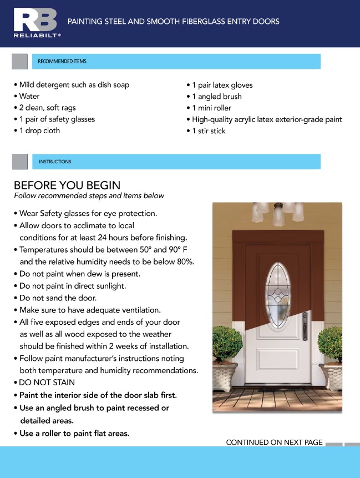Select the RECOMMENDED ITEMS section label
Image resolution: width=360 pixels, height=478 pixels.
(x=62, y=61)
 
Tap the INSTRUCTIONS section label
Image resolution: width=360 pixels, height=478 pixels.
(x=55, y=162)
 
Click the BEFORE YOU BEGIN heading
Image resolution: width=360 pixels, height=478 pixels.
(x=67, y=185)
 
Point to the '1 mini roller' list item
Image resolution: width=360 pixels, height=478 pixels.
(x=211, y=108)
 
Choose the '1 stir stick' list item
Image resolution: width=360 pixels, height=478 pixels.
(x=209, y=131)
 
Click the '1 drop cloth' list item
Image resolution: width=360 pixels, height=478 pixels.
(x=39, y=131)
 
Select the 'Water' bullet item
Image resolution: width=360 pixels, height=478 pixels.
(x=29, y=97)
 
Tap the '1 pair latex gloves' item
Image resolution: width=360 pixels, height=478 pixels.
(x=222, y=85)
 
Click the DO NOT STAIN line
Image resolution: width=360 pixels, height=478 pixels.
(x=47, y=383)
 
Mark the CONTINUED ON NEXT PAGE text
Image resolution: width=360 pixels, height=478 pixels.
(x=274, y=442)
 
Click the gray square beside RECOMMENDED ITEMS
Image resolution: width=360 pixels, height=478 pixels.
(x=19, y=61)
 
